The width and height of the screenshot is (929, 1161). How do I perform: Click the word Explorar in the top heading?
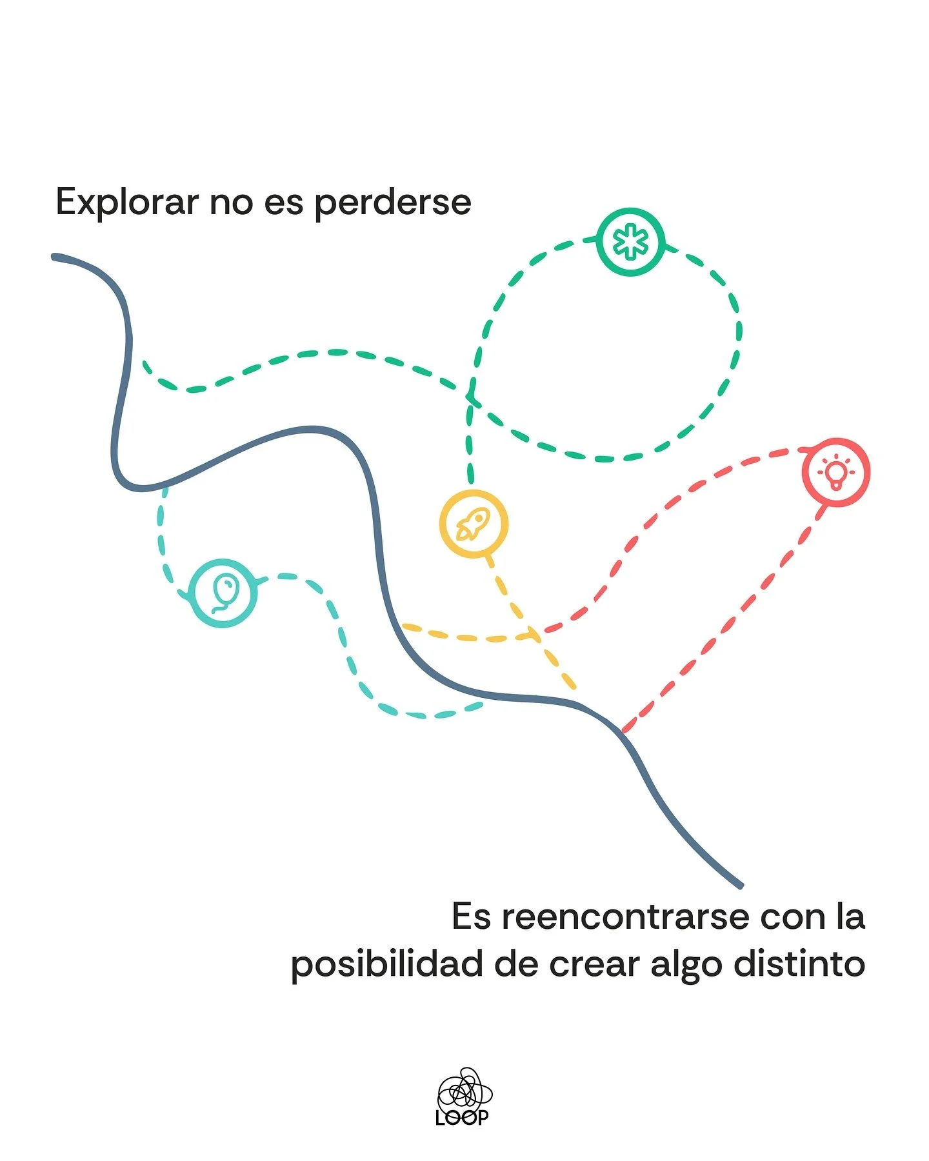click(x=127, y=203)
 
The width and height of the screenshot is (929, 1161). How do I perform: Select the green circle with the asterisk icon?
click(x=630, y=242)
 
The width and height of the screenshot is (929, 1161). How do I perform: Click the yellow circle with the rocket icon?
click(x=474, y=524)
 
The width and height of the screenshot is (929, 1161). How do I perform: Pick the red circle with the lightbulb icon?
click(x=836, y=472)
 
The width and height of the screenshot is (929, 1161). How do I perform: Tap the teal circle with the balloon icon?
click(x=223, y=593)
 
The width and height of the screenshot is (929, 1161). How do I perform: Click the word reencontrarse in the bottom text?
click(x=625, y=917)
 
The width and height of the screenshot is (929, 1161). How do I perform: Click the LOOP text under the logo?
click(x=462, y=1118)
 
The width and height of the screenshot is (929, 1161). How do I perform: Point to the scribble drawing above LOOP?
click(x=464, y=1090)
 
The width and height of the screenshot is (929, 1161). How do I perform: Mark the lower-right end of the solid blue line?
click(x=740, y=886)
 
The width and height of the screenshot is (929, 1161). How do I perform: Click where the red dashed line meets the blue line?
click(x=623, y=731)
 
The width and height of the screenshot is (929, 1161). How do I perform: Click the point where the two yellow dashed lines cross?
click(x=535, y=636)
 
